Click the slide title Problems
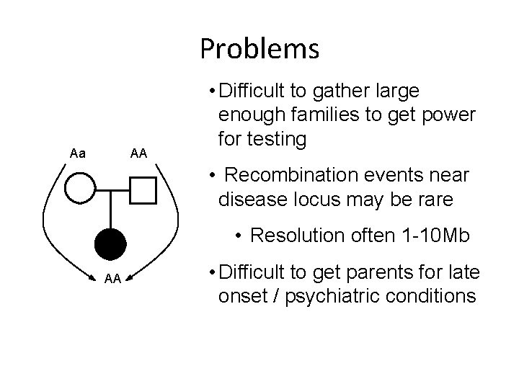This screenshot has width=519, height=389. coord(259,49)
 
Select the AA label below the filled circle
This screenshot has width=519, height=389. coord(112,279)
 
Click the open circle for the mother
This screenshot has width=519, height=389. coord(80,190)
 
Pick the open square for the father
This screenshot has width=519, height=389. coord(143,190)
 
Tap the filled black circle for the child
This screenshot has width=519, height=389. coord(111,243)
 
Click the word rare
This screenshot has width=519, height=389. coord(436,199)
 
